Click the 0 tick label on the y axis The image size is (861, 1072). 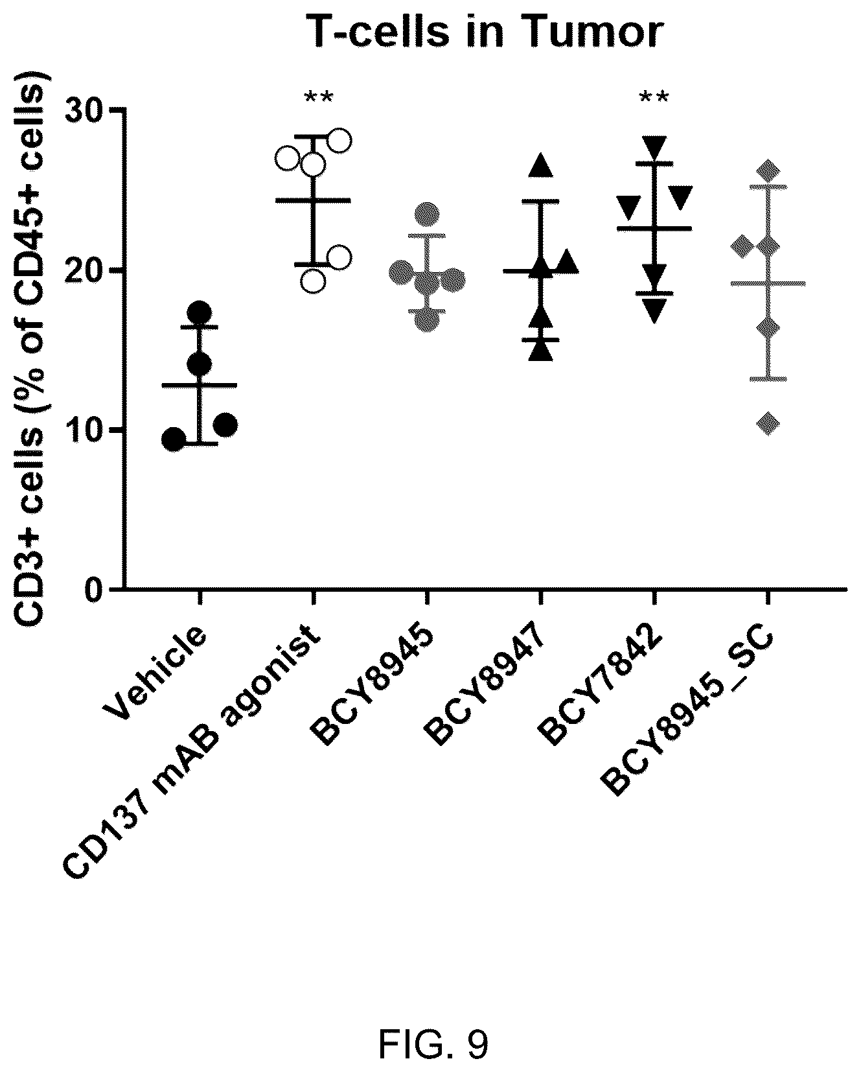tap(95, 590)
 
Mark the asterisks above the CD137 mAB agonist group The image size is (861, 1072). tap(318, 98)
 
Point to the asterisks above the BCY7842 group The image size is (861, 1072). tap(654, 98)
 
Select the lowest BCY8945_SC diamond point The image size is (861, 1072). tap(769, 424)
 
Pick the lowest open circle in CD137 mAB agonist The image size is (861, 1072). tap(313, 281)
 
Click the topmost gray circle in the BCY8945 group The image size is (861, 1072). tap(428, 213)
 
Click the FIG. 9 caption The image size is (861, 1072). tap(433, 990)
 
